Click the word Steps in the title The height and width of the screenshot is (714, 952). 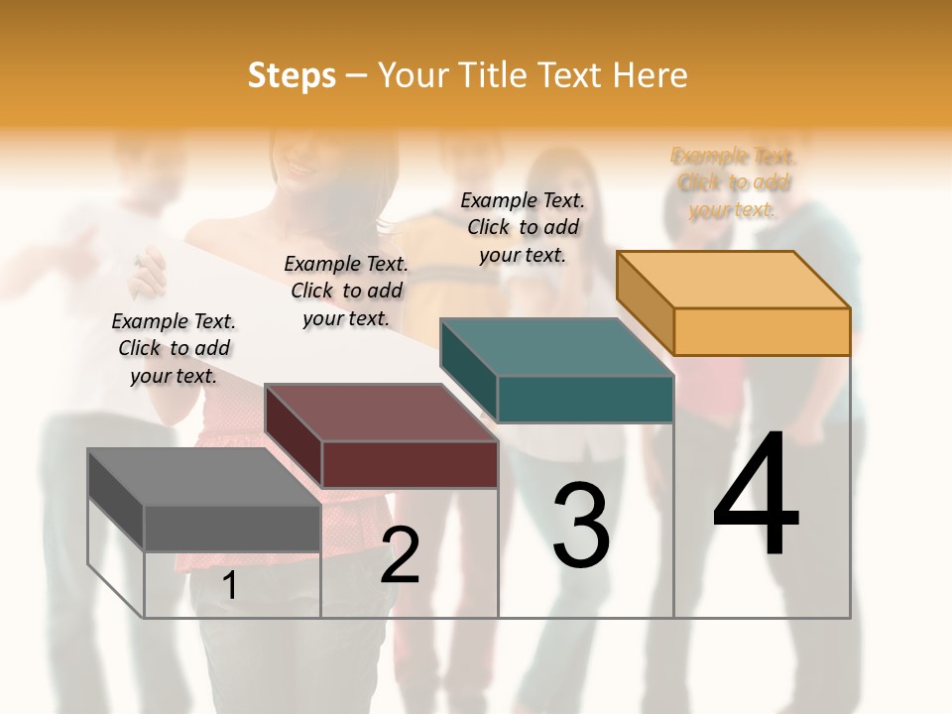(292, 75)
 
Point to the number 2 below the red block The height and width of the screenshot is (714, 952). (400, 554)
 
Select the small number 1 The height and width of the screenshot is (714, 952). (230, 586)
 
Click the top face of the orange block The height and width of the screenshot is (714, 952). (734, 279)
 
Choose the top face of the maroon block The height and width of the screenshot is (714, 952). (381, 413)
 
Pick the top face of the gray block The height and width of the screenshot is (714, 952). (204, 477)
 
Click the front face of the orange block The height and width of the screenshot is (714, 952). (762, 331)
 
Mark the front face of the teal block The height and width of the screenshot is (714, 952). (585, 400)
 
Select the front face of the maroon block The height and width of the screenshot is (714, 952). (409, 464)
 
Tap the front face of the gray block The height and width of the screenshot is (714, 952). (232, 528)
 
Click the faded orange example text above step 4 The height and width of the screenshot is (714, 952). (733, 182)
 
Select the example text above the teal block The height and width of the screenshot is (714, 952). (523, 227)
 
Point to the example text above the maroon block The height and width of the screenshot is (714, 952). (346, 291)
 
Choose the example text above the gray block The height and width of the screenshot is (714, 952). (174, 348)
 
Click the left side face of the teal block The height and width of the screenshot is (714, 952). (468, 371)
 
